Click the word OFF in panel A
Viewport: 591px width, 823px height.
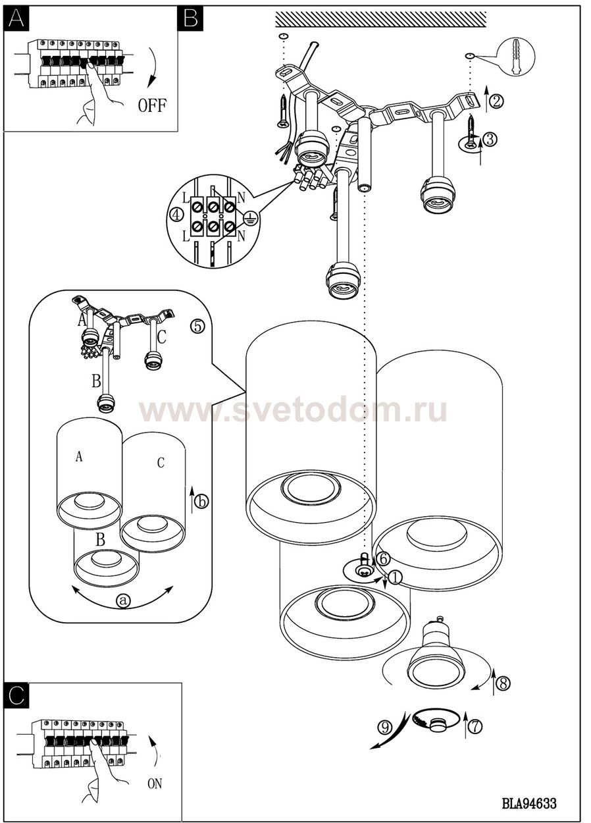152,105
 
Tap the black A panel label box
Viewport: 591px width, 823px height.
16,18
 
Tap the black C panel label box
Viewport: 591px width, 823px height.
16,695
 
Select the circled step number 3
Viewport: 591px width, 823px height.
490,139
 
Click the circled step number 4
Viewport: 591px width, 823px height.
176,215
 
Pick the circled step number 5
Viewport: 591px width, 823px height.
197,326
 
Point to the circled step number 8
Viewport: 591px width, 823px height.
503,683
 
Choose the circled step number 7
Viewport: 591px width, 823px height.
476,726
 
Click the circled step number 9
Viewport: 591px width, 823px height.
385,727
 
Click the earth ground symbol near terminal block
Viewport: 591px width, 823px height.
252,219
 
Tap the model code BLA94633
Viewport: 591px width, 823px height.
529,803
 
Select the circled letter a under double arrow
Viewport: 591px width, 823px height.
124,600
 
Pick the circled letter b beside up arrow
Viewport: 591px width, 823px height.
201,502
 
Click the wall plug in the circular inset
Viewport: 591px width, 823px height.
517,56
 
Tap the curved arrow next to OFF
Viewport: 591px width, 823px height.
153,67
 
